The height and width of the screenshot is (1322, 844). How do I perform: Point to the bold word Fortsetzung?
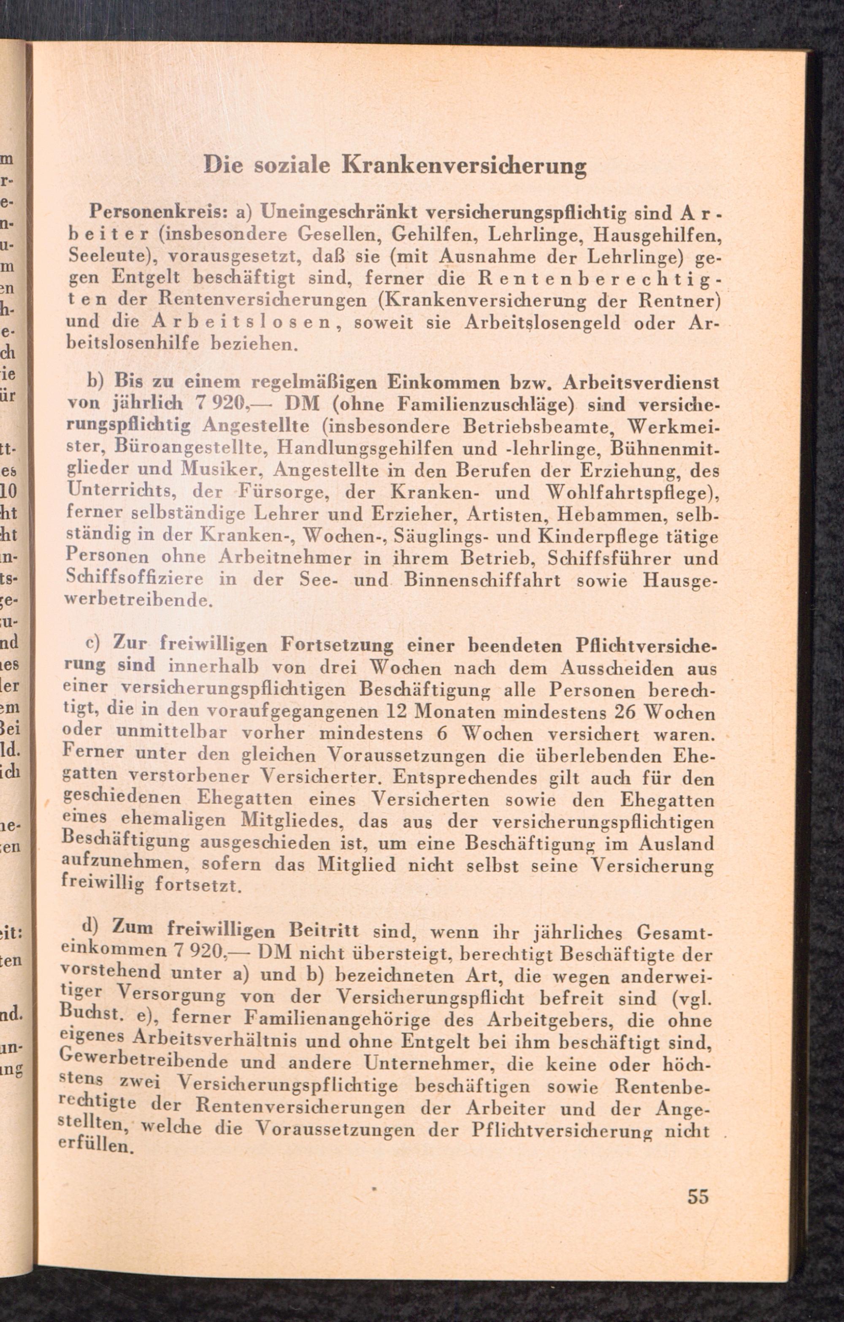point(336,644)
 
